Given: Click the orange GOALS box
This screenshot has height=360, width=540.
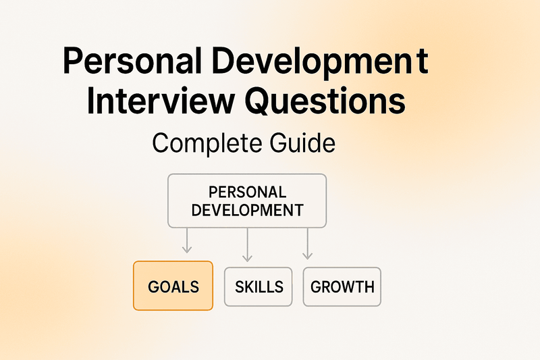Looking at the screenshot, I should tap(173, 286).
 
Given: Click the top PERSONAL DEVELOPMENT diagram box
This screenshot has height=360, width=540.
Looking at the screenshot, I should tap(246, 201).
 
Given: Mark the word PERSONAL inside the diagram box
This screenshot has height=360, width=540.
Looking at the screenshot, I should tap(247, 192).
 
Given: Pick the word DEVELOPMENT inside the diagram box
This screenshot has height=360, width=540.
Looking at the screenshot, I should tap(247, 209).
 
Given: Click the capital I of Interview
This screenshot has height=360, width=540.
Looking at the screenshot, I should tap(94, 103).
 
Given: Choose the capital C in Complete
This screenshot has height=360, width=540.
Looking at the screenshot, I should tap(162, 144).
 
